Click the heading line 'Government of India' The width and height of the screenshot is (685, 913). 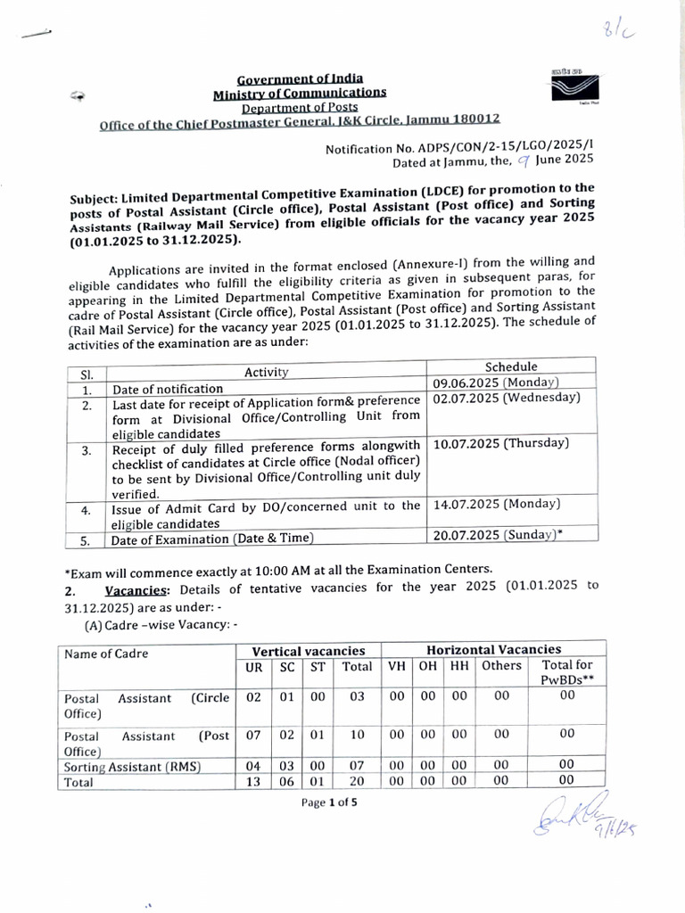click(293, 78)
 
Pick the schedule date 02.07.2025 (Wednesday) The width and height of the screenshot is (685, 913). click(506, 398)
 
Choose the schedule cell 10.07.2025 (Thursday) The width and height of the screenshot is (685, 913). click(500, 443)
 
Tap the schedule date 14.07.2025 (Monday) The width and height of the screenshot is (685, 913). click(496, 504)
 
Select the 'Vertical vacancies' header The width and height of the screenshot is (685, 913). click(309, 651)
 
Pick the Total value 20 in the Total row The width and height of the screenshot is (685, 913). click(357, 782)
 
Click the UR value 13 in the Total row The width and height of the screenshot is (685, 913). click(253, 782)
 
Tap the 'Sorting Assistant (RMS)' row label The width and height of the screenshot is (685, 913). click(131, 766)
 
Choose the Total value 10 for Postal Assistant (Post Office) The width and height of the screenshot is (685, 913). click(357, 735)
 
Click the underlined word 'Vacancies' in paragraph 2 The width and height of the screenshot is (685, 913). click(139, 589)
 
